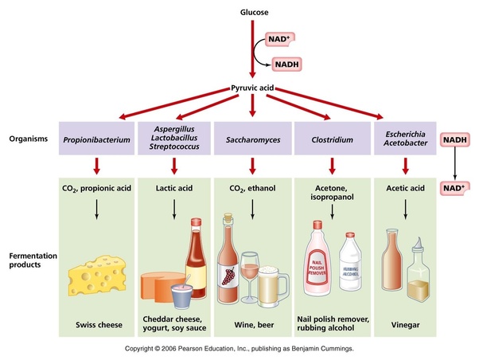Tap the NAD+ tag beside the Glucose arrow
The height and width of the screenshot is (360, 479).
280,38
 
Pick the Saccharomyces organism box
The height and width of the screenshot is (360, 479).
252,139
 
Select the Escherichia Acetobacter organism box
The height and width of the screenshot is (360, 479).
407,139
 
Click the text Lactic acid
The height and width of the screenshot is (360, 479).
173,190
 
